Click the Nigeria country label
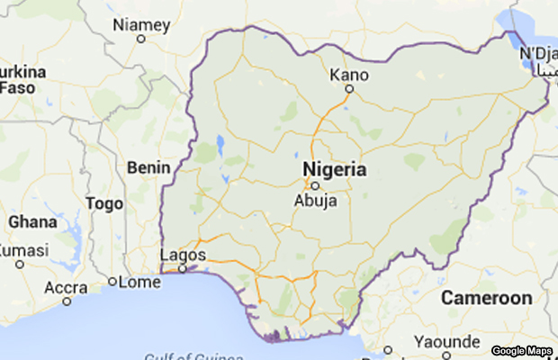(x=334, y=169)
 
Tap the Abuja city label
(x=316, y=201)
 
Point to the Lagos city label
(x=183, y=256)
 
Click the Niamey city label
(x=141, y=24)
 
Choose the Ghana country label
(x=32, y=221)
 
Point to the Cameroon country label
(x=486, y=298)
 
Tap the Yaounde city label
(x=447, y=341)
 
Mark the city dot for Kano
(x=350, y=89)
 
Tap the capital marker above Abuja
(x=315, y=186)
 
